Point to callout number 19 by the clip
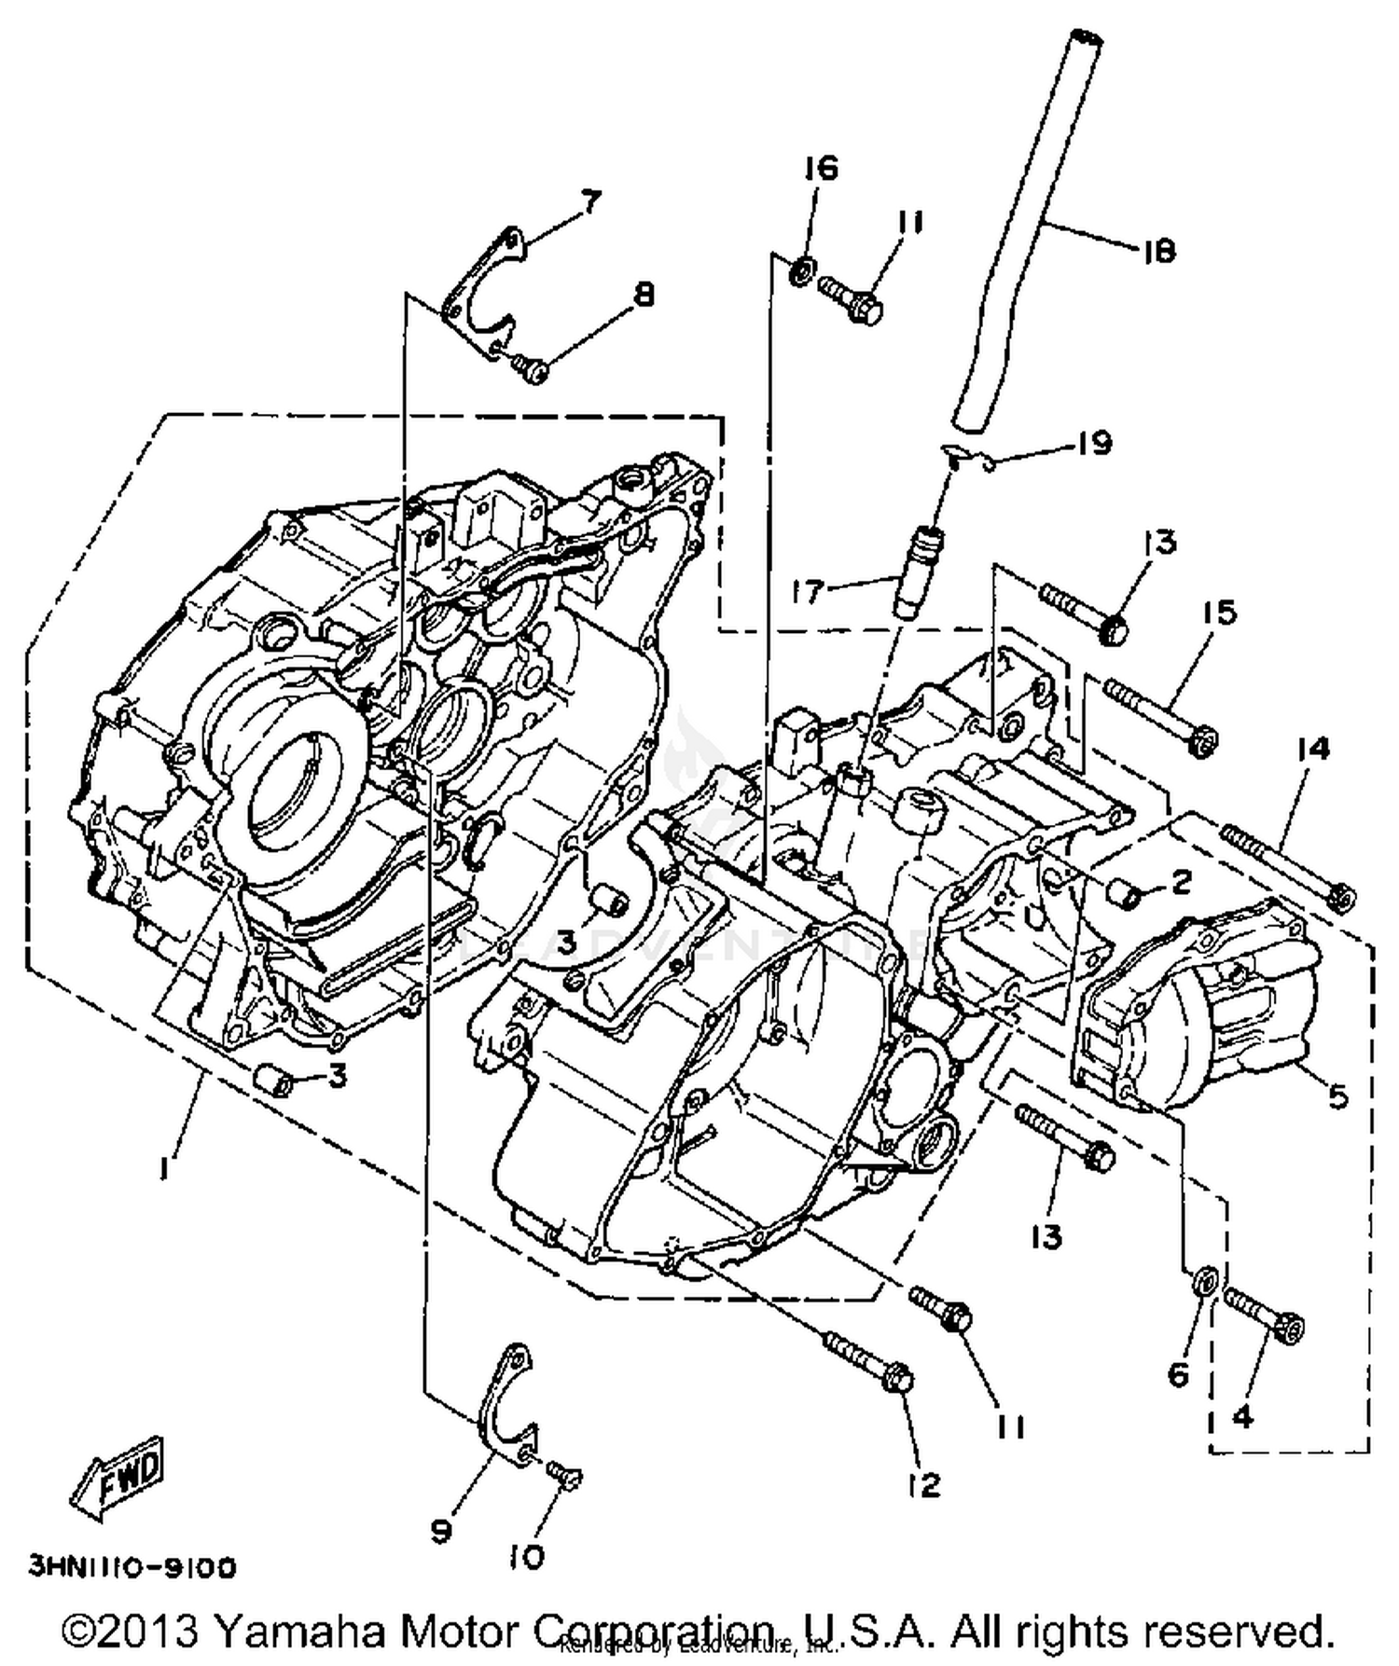[1093, 442]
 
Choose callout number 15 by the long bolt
[1218, 613]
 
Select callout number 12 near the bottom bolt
[923, 1484]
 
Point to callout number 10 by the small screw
[527, 1557]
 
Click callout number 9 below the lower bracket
[441, 1529]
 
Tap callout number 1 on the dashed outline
[164, 1166]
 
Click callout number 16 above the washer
[822, 168]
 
